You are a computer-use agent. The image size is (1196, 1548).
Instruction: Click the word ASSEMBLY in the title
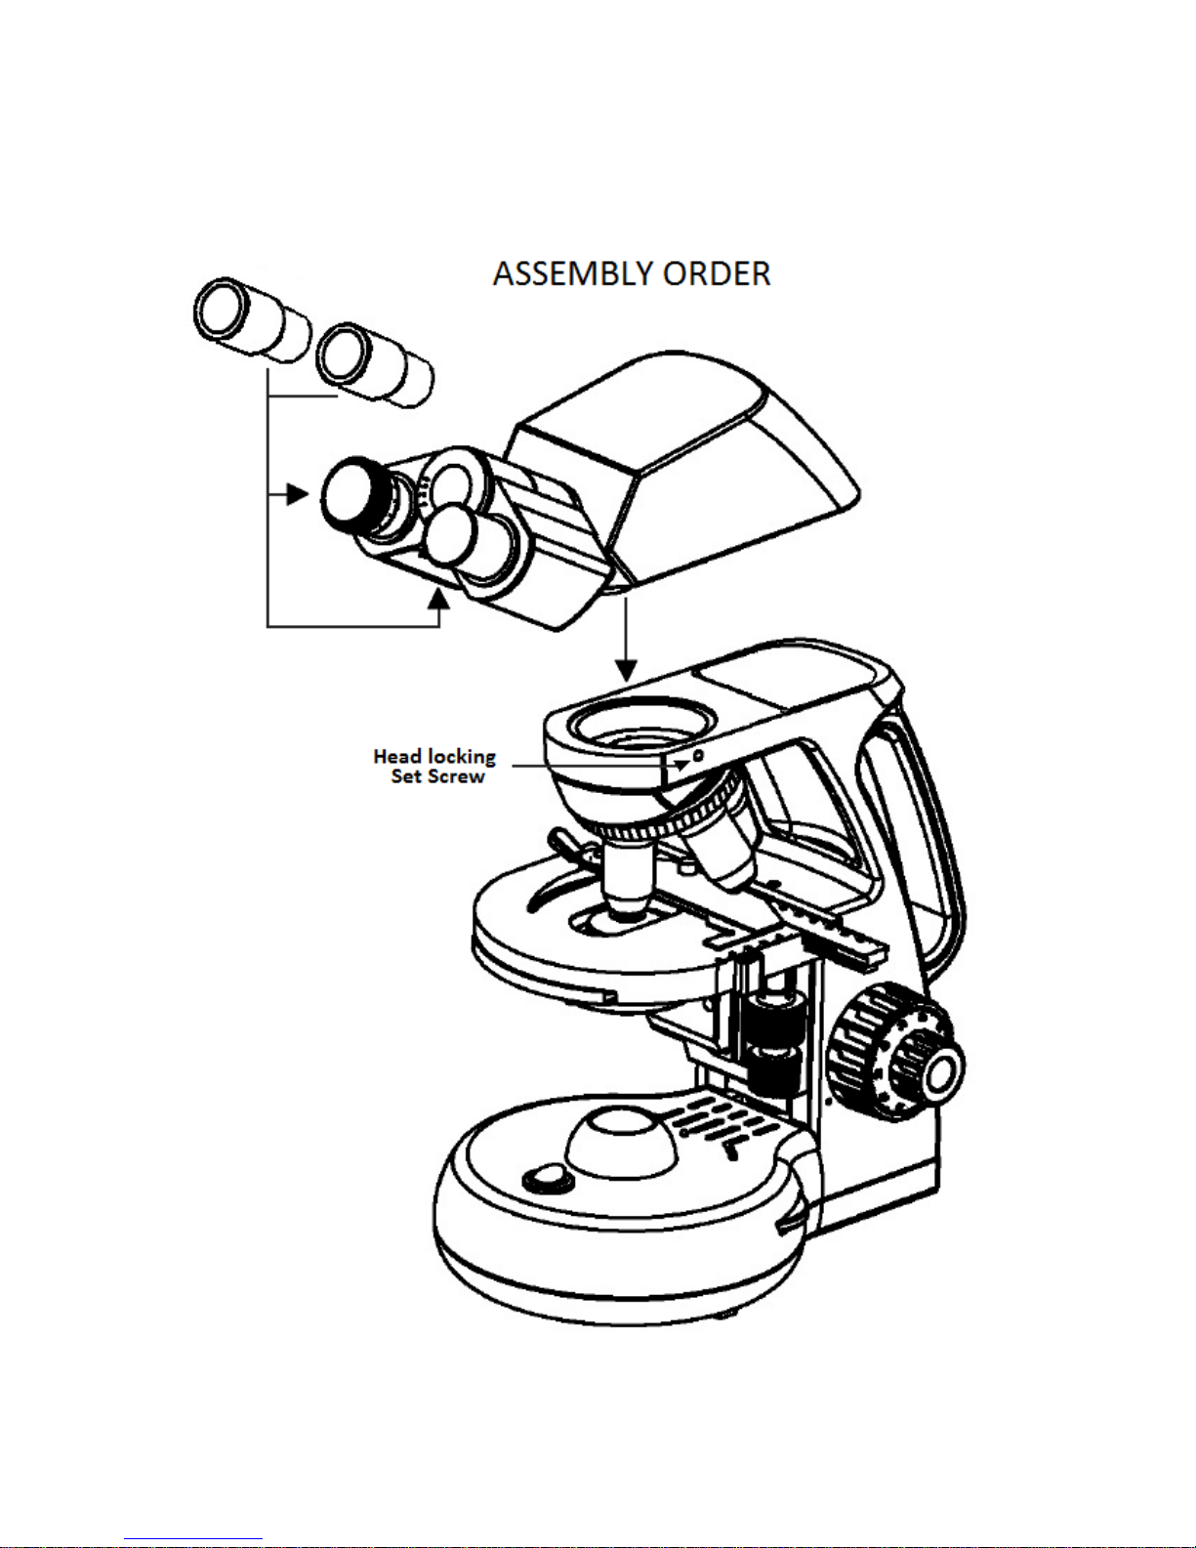[x=573, y=273]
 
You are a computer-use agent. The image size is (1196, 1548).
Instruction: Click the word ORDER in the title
[x=717, y=273]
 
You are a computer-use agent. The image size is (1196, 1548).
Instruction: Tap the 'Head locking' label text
[x=434, y=756]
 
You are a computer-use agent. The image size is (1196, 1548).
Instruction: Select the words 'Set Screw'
[x=437, y=776]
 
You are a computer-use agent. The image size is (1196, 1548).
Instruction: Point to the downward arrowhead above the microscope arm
[x=627, y=670]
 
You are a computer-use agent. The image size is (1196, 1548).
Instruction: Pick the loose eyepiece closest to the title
[x=374, y=364]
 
